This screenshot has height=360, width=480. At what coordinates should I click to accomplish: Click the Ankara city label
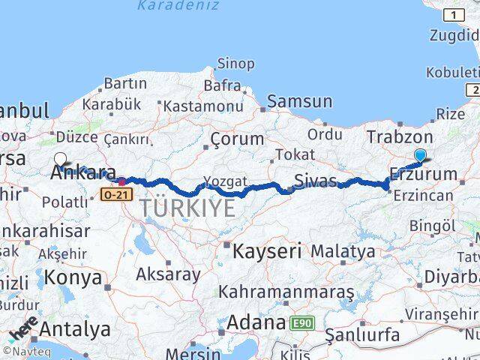click(x=82, y=173)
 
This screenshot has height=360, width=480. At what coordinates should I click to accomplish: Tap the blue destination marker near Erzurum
click(x=420, y=156)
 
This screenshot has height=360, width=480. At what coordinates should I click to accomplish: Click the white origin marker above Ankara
click(x=61, y=159)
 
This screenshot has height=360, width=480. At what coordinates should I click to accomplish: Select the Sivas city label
click(x=315, y=181)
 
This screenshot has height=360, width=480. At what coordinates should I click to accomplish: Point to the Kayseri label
click(x=266, y=250)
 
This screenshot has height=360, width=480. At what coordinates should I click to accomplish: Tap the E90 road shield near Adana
click(x=303, y=323)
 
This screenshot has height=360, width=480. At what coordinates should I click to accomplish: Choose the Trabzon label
click(x=400, y=137)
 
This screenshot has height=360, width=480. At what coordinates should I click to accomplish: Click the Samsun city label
click(x=299, y=101)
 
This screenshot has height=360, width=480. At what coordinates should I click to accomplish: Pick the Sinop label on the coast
click(x=235, y=64)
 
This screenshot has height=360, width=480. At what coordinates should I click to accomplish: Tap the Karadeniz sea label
click(x=178, y=6)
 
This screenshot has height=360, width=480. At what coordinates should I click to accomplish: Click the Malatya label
click(x=343, y=250)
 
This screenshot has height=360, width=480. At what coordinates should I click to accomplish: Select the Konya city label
click(x=73, y=277)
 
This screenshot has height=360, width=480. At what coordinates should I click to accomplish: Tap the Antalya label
click(x=75, y=328)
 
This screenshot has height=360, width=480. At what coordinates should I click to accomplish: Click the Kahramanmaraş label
click(x=286, y=291)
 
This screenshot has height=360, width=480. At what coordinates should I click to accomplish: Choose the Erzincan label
click(x=421, y=196)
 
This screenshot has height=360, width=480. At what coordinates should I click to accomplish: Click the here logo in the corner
click(x=22, y=328)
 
